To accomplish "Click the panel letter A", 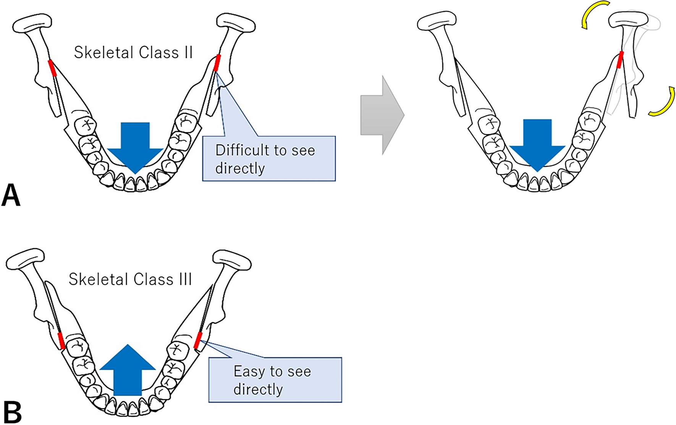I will coord(11,195).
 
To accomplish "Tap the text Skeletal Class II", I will coord(133,53).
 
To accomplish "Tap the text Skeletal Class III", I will coord(130,280).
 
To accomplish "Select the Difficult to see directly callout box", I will coord(269,158).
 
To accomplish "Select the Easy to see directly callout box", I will coord(275,380).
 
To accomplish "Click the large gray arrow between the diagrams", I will coord(382,115).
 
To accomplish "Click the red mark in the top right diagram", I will coord(620,60).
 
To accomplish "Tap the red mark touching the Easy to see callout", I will coord(198,340).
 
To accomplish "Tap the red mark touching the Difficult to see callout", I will coord(217,63).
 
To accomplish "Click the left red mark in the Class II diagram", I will coord(52,68).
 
